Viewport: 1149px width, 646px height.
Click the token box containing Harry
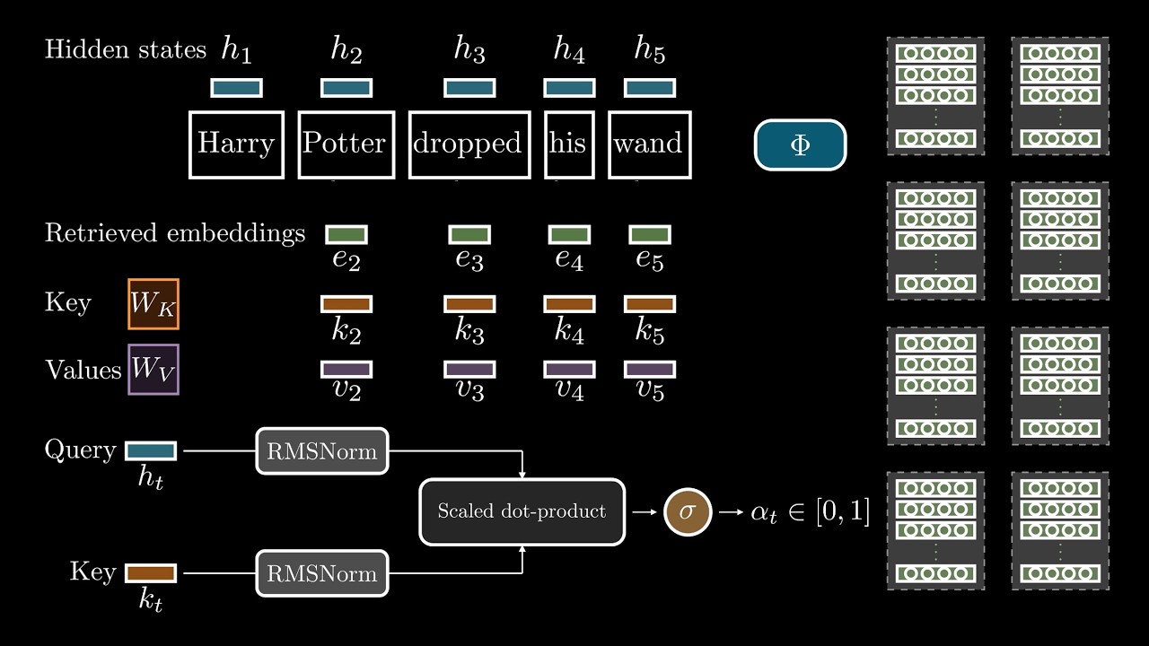(236, 144)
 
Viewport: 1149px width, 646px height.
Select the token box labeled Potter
(345, 144)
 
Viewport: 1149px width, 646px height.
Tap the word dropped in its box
(468, 144)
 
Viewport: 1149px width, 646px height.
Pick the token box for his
(568, 144)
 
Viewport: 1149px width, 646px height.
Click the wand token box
(648, 144)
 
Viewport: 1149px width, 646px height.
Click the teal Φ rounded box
(800, 145)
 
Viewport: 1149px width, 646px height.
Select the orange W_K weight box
(153, 303)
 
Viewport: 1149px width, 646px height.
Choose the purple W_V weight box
(153, 370)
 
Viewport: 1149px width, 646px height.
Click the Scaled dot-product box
(522, 511)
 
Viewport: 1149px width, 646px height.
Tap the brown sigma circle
(688, 512)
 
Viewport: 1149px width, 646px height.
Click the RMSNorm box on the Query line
(322, 450)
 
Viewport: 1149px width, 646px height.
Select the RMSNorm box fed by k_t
(322, 572)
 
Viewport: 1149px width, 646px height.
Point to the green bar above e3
(469, 235)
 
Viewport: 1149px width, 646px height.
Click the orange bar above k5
(649, 304)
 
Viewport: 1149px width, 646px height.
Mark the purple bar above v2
(346, 370)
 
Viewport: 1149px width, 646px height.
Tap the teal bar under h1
(237, 88)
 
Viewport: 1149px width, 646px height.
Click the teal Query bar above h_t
(151, 450)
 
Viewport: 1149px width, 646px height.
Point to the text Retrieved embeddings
(175, 234)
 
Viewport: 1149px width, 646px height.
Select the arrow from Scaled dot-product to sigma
(644, 512)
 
